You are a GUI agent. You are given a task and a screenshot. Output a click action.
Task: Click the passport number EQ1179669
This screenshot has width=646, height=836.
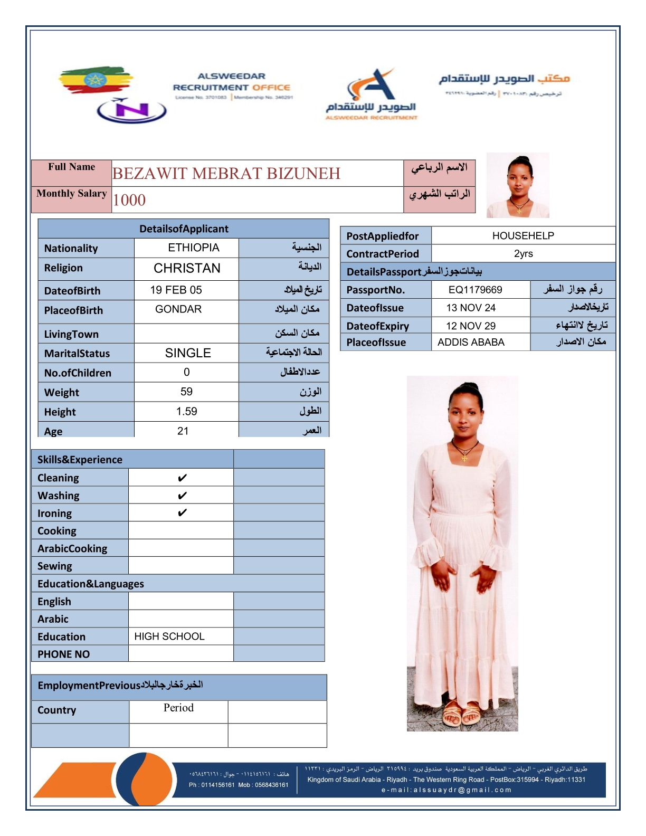(475, 290)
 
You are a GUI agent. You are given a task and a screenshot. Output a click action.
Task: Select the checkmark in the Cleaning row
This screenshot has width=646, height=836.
(182, 478)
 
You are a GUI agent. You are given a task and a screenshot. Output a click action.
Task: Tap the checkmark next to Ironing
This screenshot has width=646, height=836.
(182, 513)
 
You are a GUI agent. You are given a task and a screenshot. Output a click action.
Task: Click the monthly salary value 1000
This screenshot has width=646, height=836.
(129, 200)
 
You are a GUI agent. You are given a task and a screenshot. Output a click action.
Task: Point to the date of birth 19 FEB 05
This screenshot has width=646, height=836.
(176, 290)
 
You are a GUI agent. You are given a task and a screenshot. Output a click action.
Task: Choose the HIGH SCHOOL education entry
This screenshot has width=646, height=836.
(169, 636)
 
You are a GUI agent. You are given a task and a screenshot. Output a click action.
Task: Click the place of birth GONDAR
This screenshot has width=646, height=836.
(178, 309)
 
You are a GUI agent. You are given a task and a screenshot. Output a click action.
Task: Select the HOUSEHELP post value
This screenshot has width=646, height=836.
(523, 236)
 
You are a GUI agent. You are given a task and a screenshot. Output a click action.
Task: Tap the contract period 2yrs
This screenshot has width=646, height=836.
(523, 254)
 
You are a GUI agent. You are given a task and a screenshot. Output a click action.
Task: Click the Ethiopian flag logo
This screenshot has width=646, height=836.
(95, 80)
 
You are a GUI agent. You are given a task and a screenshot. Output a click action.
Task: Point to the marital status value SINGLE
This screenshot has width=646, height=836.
(188, 353)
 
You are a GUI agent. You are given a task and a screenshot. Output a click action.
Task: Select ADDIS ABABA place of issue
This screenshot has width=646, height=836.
(471, 343)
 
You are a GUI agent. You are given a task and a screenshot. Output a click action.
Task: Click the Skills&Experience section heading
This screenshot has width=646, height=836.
(80, 460)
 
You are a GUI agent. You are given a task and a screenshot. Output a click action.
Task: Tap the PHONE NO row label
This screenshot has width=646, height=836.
(64, 654)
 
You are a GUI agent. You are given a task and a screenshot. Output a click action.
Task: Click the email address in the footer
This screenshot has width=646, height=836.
(446, 790)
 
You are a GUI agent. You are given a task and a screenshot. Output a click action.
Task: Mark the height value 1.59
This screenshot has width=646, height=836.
(186, 412)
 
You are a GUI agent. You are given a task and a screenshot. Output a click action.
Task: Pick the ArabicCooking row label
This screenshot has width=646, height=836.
(72, 549)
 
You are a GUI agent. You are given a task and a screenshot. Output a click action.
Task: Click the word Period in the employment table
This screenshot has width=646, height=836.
(178, 708)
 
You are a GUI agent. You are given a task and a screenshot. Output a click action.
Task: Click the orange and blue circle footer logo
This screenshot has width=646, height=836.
(144, 779)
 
